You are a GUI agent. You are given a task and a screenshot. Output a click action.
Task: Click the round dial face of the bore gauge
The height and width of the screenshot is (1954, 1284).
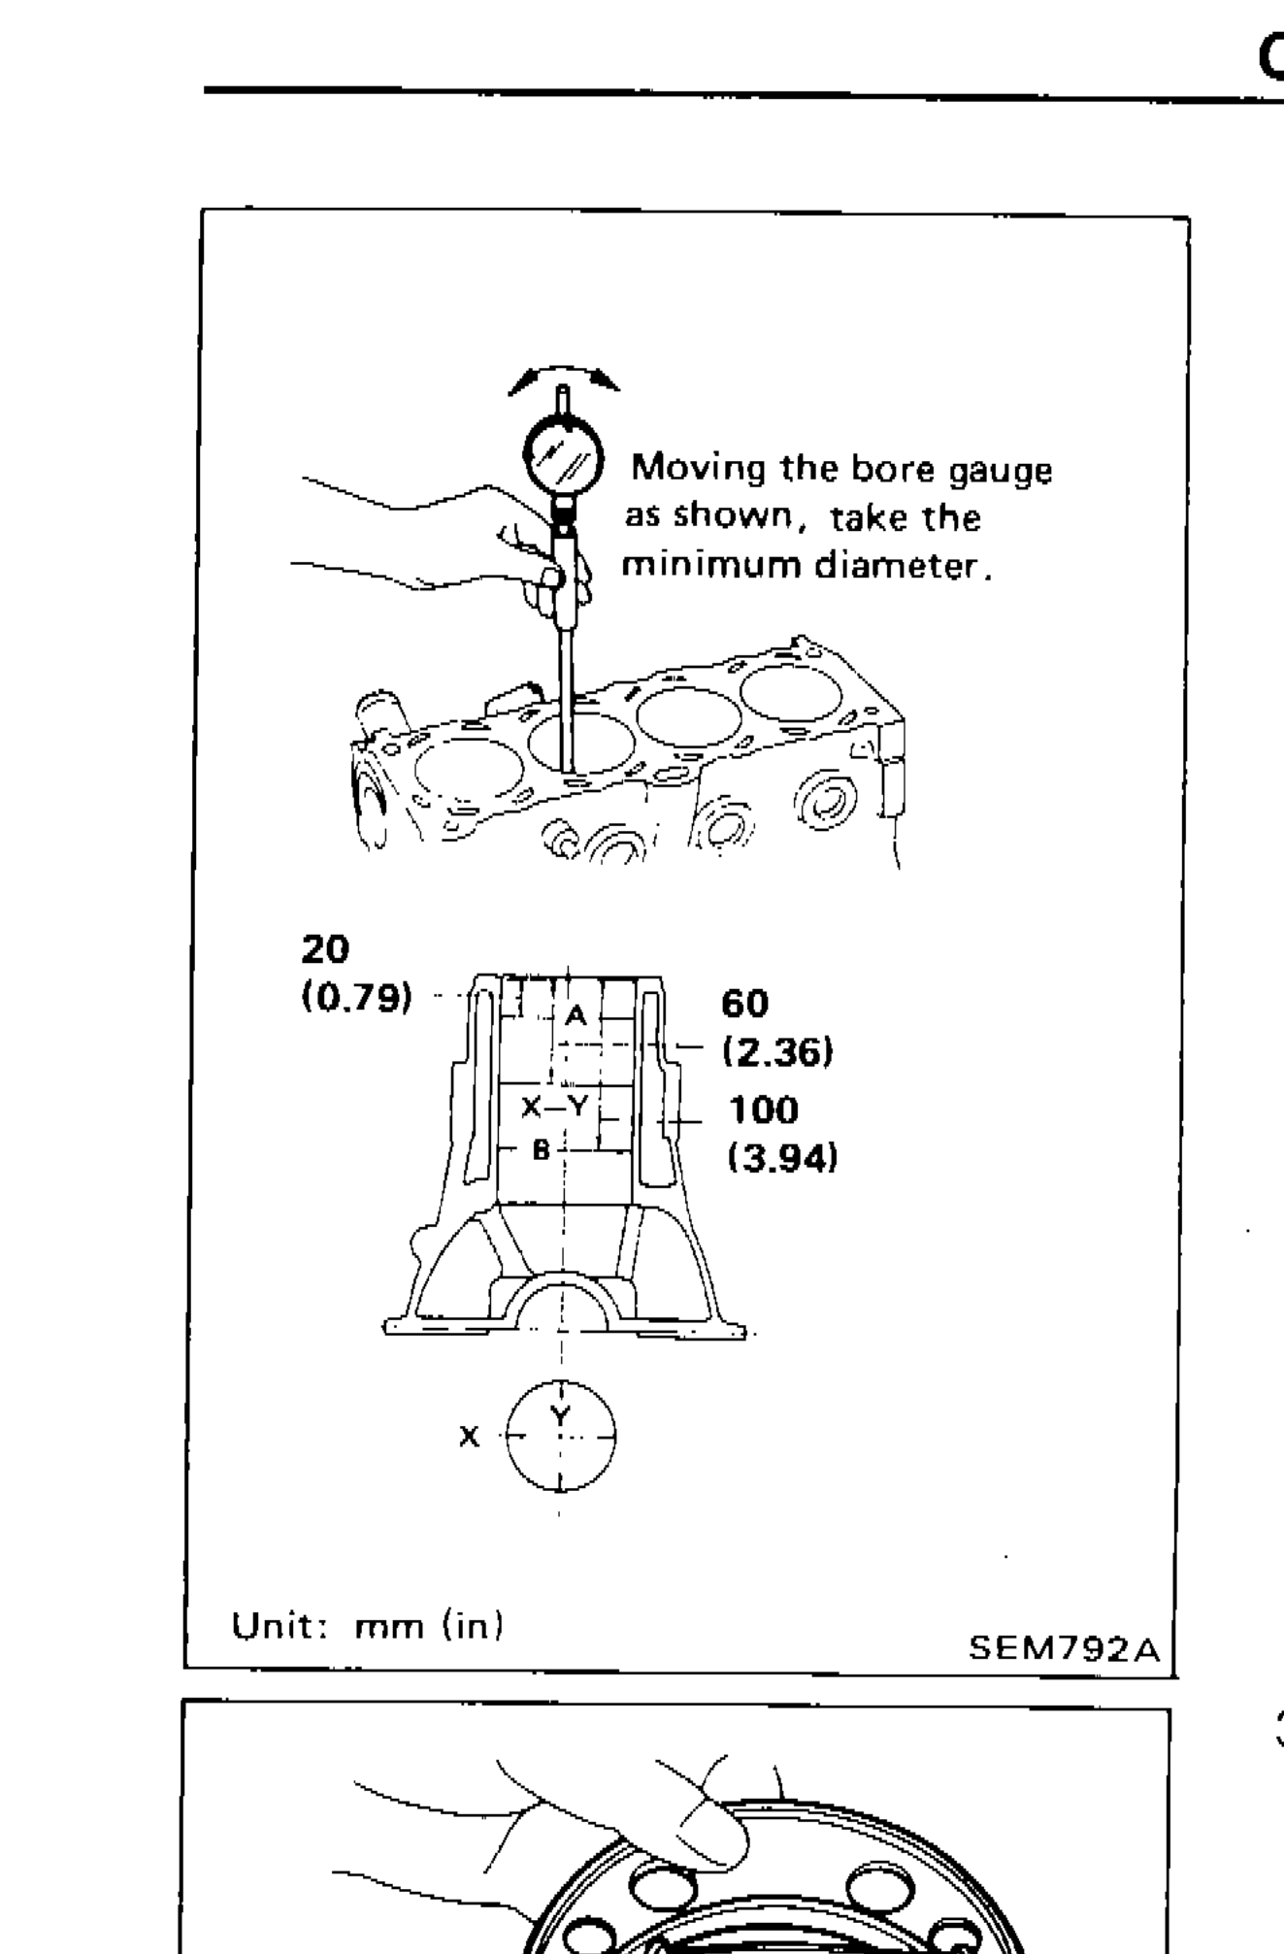563,453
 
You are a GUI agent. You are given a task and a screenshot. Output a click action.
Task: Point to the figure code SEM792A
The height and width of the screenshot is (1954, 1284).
1064,1649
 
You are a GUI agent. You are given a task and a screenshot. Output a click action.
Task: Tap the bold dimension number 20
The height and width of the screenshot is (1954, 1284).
325,948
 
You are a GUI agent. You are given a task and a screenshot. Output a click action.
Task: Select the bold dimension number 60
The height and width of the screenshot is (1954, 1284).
744,1003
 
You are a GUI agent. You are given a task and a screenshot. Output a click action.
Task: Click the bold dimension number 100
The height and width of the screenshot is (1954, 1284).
764,1109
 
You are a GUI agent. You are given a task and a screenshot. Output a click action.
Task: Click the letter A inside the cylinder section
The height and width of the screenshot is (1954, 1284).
576,1015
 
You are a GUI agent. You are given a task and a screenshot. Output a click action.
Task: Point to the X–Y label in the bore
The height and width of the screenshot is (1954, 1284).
554,1107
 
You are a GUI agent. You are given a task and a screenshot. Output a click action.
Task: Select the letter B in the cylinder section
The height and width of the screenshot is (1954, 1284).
541,1150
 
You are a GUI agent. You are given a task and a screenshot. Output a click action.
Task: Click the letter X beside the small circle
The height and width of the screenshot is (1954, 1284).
469,1436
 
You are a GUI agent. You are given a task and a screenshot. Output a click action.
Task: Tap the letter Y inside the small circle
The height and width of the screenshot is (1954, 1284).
560,1414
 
